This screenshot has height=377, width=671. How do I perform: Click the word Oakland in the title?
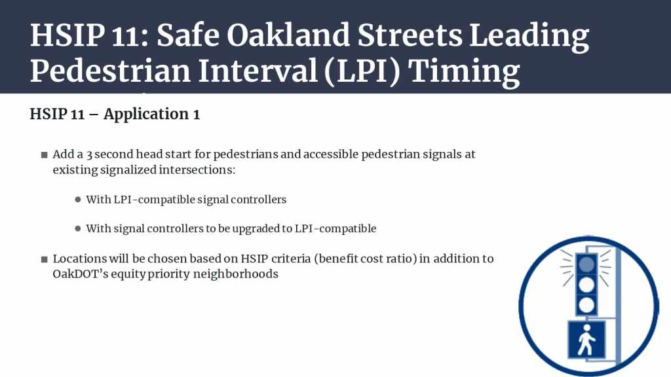[x=288, y=35]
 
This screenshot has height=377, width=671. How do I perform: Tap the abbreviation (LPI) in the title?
[x=362, y=71]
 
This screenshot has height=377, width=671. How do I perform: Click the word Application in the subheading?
[x=146, y=115]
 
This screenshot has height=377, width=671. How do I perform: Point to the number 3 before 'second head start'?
[x=89, y=154]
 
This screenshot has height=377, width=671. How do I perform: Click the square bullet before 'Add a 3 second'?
[x=44, y=154]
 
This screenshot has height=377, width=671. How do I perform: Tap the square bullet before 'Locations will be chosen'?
[x=44, y=259]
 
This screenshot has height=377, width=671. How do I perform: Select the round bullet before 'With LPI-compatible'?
[x=77, y=199]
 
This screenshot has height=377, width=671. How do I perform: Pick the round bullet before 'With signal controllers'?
[x=77, y=228]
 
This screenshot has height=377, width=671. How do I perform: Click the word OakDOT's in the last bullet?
[x=80, y=274]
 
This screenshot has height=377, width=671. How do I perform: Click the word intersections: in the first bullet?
[x=197, y=170]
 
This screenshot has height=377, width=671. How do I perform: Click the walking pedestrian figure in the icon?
[x=586, y=340]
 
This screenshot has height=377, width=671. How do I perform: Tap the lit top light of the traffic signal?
[x=586, y=264]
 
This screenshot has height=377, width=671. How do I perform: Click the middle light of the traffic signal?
[x=586, y=285]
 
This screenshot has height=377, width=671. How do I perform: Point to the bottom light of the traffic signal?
[x=586, y=305]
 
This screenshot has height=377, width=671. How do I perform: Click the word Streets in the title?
[x=410, y=35]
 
